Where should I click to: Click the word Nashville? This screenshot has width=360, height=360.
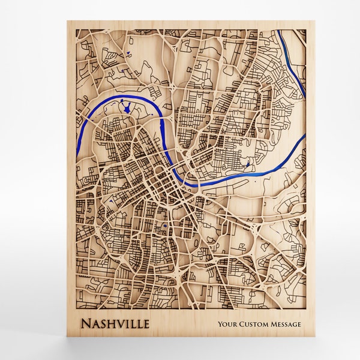click(x=115, y=325)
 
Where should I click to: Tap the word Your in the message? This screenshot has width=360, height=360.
click(x=228, y=325)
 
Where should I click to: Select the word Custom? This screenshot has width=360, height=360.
click(x=254, y=325)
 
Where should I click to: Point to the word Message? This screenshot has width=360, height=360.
click(x=286, y=325)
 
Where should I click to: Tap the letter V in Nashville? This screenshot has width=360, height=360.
click(x=122, y=325)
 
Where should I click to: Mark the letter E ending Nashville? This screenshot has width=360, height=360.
click(x=147, y=325)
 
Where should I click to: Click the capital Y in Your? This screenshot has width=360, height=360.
click(x=220, y=325)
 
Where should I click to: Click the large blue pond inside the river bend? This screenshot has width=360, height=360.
click(x=127, y=109)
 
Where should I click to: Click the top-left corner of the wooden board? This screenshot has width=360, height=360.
click(x=67, y=22)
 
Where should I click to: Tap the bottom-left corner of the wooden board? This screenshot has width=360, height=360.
click(x=67, y=341)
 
